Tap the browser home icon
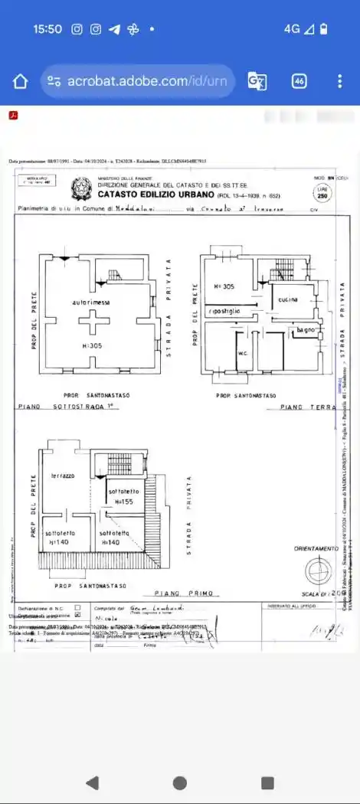click(x=21, y=81)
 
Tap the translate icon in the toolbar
click(x=257, y=81)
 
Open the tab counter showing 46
click(x=299, y=81)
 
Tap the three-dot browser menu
click(x=339, y=81)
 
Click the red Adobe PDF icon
click(x=13, y=116)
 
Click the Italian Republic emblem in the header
click(x=80, y=187)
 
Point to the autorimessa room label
click(x=91, y=303)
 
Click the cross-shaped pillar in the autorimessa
click(x=91, y=323)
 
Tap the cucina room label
click(x=288, y=299)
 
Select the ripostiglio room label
click(x=227, y=311)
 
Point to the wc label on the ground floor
click(x=242, y=353)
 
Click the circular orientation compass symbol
click(x=316, y=571)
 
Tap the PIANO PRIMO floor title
click(x=187, y=593)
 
